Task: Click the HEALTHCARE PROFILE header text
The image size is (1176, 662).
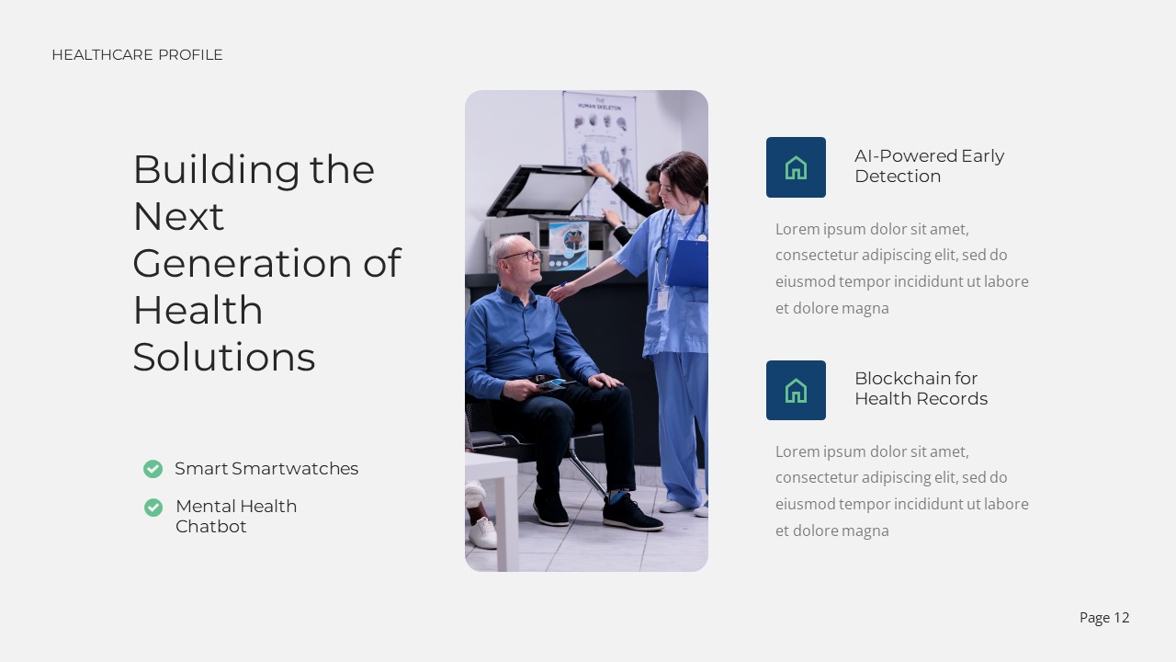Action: tap(137, 55)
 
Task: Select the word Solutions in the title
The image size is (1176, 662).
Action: tap(224, 357)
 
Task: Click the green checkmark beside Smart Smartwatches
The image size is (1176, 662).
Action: tap(153, 469)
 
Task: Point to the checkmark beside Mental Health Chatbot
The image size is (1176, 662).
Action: tap(153, 508)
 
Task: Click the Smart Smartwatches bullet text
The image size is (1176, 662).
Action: tap(266, 469)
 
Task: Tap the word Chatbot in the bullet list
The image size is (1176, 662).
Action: tap(211, 527)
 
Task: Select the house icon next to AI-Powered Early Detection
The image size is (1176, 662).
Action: tap(796, 167)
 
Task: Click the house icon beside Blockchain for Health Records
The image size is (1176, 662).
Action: tap(796, 391)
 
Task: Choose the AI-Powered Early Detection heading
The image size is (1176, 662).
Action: tap(929, 165)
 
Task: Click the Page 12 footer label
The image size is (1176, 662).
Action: tap(1104, 618)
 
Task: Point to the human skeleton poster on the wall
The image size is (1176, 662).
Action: tap(599, 138)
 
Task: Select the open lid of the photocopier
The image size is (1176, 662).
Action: tap(542, 191)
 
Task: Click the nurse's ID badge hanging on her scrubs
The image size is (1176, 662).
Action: tap(661, 301)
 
